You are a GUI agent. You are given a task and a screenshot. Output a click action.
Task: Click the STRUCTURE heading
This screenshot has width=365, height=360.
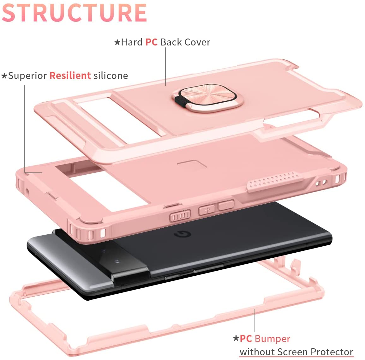pos(75,13)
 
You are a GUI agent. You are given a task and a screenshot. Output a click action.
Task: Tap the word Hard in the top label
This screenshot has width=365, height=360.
pos(132,42)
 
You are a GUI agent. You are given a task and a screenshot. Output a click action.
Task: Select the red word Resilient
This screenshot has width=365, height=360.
pos(70,76)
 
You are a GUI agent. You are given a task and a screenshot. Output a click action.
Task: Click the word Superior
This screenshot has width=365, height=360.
pos(28,76)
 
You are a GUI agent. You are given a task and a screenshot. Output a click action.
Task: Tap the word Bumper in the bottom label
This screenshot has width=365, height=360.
pos(272,339)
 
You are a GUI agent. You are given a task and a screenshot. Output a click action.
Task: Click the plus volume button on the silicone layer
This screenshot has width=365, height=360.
pos(206,210)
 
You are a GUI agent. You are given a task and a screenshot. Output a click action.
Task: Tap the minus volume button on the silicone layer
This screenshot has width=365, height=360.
pos(226,205)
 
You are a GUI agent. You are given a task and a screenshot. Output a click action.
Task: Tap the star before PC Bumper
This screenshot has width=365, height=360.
pos(236,339)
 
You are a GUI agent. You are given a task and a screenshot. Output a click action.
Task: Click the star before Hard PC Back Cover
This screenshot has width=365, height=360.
pos(117,42)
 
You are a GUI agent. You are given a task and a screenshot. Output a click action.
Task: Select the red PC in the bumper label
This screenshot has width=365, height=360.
pos(246,339)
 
